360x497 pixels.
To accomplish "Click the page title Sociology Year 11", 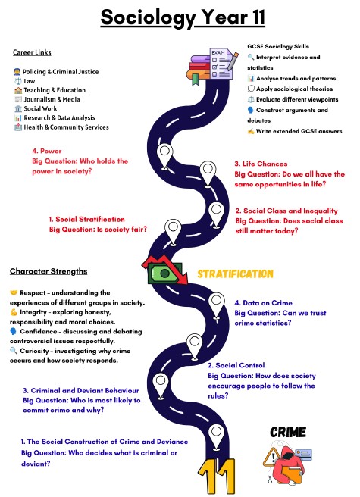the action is click(x=183, y=17).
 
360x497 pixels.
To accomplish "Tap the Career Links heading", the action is click(x=32, y=52).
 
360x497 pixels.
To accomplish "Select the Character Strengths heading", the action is click(x=49, y=271).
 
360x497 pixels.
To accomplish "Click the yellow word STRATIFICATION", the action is click(x=235, y=274).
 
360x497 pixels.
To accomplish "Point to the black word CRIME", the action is click(x=288, y=432).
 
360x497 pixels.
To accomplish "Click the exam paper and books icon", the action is click(x=212, y=66).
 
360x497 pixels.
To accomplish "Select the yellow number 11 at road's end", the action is click(x=217, y=477).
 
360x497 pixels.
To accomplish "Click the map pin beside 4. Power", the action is click(x=164, y=156).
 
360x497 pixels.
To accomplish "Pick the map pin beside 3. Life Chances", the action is click(x=208, y=174).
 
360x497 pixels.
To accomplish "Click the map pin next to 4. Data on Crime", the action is click(x=217, y=307).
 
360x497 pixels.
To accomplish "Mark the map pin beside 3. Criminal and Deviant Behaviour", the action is click(x=161, y=386).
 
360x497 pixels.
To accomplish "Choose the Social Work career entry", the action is click(x=36, y=109).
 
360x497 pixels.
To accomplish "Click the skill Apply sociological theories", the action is click(x=290, y=89).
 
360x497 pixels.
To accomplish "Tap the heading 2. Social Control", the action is click(x=236, y=365).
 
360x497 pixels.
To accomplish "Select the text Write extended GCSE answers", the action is click(x=295, y=131).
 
